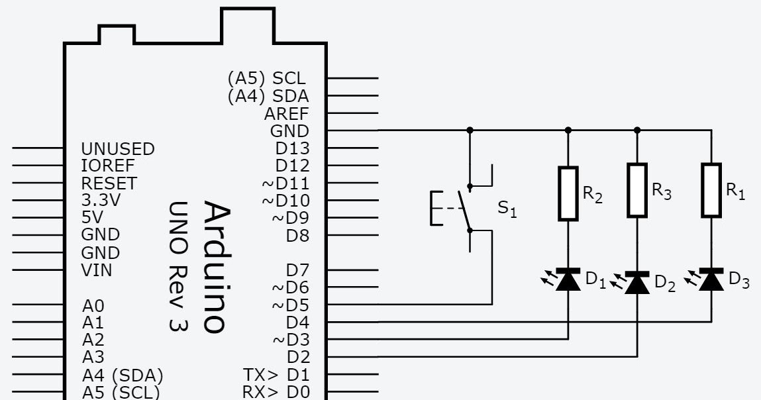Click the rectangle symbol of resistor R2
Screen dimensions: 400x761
pos(568,193)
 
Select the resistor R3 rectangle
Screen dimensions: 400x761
pos(637,190)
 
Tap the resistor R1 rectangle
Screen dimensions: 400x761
pos(711,190)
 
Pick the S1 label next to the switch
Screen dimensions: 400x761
pos(507,209)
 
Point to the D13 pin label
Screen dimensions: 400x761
pos(292,148)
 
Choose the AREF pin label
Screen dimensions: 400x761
pos(286,113)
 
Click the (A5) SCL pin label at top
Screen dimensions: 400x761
pos(268,78)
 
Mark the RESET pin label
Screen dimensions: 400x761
pos(109,183)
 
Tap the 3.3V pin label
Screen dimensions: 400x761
pos(101,200)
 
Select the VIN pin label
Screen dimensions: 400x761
pos(97,270)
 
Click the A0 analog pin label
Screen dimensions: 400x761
pos(93,306)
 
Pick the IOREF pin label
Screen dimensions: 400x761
pos(108,166)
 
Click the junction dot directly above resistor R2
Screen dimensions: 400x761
pos(568,130)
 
